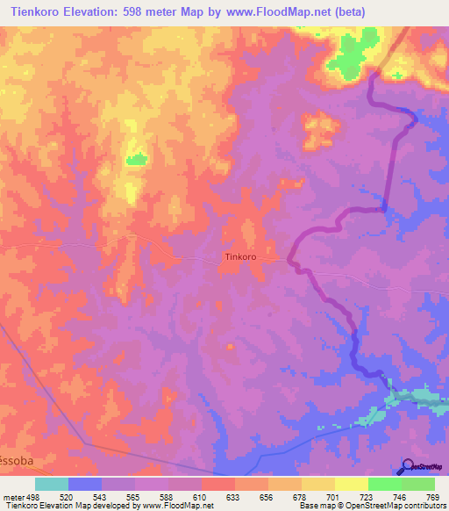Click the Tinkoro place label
pos(240,257)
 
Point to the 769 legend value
pos(431,495)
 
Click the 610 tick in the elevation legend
pos(201,495)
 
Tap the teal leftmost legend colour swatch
pos(52,484)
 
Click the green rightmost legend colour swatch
pos(417,484)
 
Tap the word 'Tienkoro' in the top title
pos(34,11)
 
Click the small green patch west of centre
pos(135,159)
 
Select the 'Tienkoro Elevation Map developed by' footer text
pos(57,505)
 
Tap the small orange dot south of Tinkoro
pos(231,347)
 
